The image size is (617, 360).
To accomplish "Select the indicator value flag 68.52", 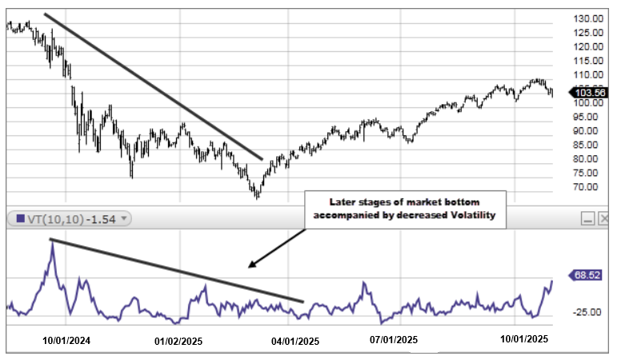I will coord(586,275).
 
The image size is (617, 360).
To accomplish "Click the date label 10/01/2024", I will coord(67,340).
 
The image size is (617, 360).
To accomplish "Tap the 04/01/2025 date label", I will coord(295,340).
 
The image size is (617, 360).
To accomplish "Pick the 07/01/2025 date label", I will coord(393,340).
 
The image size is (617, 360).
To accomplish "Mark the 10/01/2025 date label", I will coord(524,340).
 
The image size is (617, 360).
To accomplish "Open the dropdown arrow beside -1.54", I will coord(125,218).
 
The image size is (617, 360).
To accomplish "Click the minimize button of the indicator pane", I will coord(587,218).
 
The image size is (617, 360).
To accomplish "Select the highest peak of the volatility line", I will coord(52,241).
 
